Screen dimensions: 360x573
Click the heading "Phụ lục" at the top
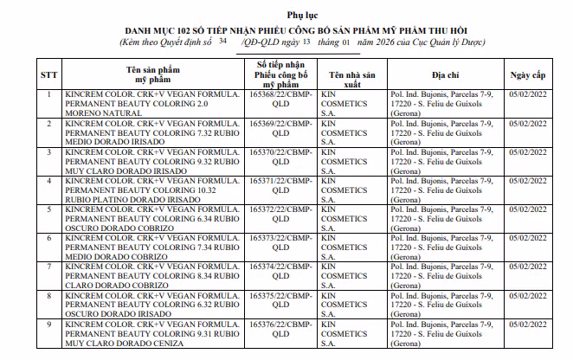click(286, 15)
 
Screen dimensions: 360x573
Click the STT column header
click(49, 74)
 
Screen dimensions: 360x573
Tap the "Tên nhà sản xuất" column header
click(350, 74)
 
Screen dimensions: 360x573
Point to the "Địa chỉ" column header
click(446, 74)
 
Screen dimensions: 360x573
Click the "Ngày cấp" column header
click(528, 74)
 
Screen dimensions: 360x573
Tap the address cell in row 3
click(446, 159)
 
